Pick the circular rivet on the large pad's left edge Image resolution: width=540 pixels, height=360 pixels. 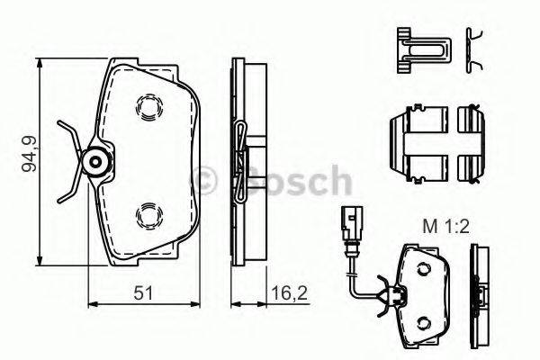[95, 162]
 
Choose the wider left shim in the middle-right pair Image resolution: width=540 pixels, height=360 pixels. [418, 143]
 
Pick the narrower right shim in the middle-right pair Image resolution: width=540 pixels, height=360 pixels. [471, 143]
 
